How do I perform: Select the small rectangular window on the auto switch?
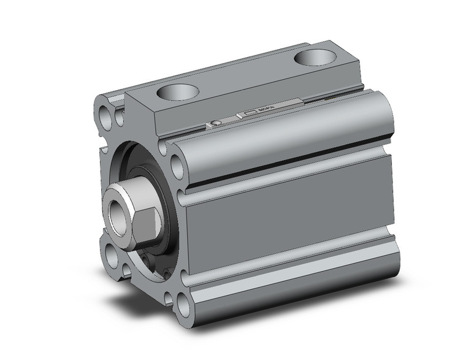pos(251,113)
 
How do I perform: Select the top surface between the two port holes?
pos(245,77)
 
